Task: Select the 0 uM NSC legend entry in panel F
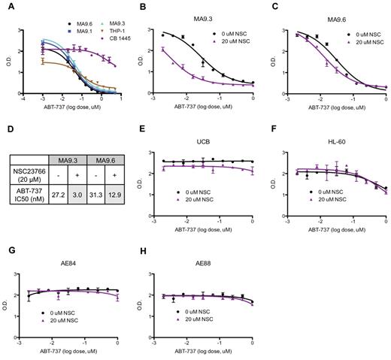click(x=342, y=198)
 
